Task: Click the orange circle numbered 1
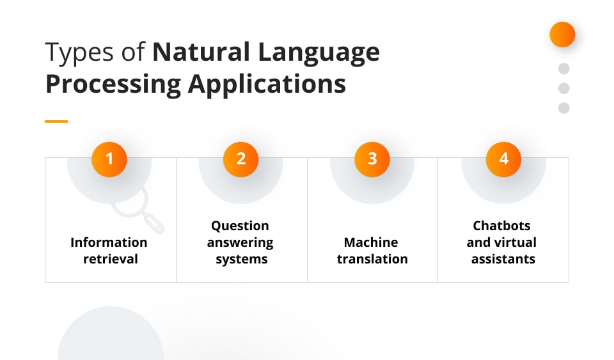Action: coord(109,159)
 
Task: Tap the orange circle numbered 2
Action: coord(241,159)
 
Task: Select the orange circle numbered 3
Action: coord(372,159)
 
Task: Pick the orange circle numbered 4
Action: coord(503,159)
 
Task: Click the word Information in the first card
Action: coord(109,242)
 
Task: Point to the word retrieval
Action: coord(111,259)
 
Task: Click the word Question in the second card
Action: coord(240,226)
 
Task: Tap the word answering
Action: coord(240,243)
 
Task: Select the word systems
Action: coord(242,260)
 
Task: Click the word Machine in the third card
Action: coord(371,242)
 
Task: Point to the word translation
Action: coord(372,259)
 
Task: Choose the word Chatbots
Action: coord(501,226)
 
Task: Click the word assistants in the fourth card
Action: coord(503,259)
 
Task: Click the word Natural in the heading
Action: coord(201,52)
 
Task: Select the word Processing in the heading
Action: coord(114,84)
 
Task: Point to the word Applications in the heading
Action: coord(267,84)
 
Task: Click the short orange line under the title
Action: coord(56,121)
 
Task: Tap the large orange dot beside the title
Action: coord(562,35)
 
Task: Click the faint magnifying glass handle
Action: coord(154,223)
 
